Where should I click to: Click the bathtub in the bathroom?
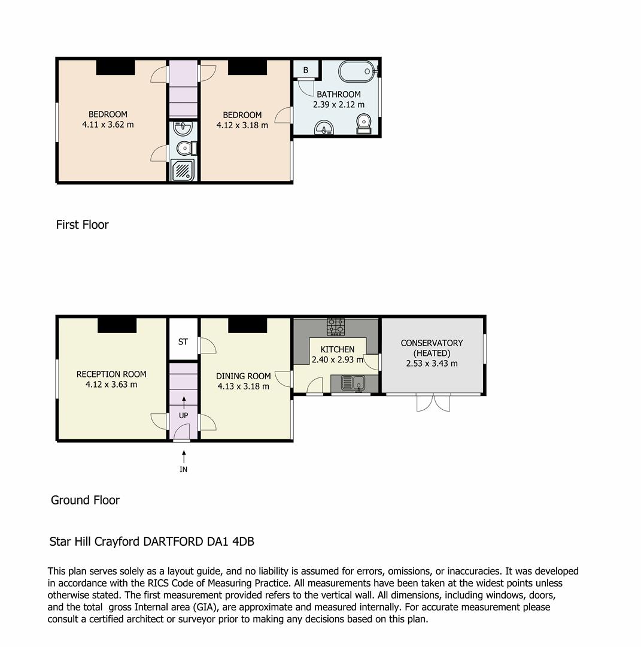click(x=357, y=72)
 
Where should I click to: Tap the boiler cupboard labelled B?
click(x=305, y=70)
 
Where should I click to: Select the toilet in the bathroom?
click(x=363, y=124)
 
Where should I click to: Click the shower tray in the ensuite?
click(x=183, y=170)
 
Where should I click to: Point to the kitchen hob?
click(x=335, y=327)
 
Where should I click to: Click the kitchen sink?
click(x=353, y=382)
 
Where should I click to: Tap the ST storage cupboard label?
click(x=183, y=341)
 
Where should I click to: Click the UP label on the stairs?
click(x=183, y=415)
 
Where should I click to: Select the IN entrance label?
click(x=183, y=469)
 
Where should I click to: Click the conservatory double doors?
click(x=433, y=403)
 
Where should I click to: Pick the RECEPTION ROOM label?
click(x=111, y=374)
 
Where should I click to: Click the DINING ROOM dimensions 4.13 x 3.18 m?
click(x=243, y=386)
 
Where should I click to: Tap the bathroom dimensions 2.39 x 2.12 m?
click(x=338, y=104)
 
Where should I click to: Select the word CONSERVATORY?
click(x=432, y=343)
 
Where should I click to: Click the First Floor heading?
click(x=82, y=225)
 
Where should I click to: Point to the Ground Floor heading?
click(x=85, y=500)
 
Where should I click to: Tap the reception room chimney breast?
click(x=117, y=325)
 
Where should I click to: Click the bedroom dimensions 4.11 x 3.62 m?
click(x=108, y=125)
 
